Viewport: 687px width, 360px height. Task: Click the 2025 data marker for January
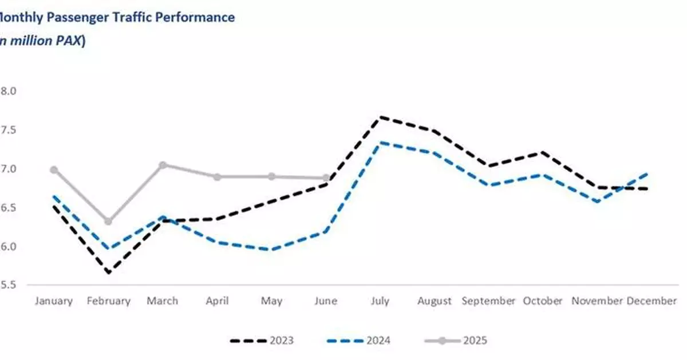click(54, 170)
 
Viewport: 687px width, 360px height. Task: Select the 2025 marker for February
click(108, 221)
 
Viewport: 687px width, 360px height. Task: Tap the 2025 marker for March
click(163, 165)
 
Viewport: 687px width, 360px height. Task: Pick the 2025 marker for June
click(326, 178)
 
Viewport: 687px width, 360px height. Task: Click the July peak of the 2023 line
click(381, 117)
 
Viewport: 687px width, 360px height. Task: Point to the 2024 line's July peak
click(381, 143)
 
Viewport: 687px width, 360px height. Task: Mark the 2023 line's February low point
click(108, 272)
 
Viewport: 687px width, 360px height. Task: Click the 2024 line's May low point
click(272, 250)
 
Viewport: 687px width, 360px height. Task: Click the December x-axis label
click(652, 300)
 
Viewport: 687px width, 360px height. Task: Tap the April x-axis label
click(217, 300)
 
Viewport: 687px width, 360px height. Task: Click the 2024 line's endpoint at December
click(648, 173)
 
